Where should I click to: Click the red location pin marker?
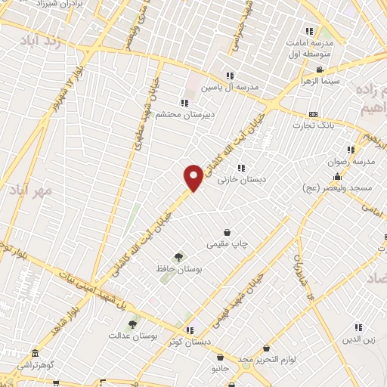click(193, 177)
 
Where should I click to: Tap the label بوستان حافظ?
click(178, 270)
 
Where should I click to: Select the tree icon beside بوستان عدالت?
click(133, 324)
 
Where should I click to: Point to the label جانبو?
click(219, 370)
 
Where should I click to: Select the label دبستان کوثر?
click(189, 342)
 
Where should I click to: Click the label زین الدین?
click(358, 340)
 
